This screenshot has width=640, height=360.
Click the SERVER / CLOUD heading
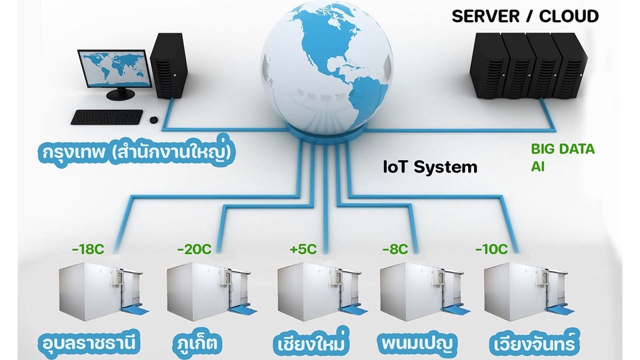pyautogui.click(x=525, y=16)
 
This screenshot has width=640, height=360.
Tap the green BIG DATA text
pyautogui.click(x=563, y=149)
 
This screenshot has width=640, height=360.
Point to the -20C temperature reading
pyautogui.click(x=194, y=250)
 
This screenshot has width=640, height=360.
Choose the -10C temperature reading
pyautogui.click(x=491, y=250)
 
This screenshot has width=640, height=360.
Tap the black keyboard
pyautogui.click(x=107, y=117)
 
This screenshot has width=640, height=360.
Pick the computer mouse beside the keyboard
pyautogui.click(x=153, y=120)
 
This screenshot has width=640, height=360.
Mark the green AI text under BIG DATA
pyautogui.click(x=537, y=165)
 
